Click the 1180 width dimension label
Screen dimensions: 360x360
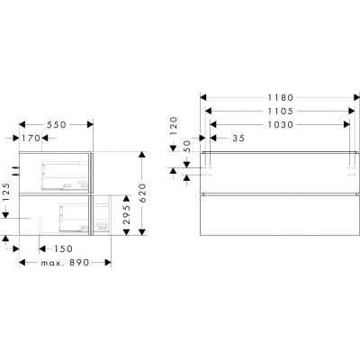tap(280, 97)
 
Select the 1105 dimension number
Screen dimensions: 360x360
tap(280, 112)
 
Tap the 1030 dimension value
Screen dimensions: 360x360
tap(280, 124)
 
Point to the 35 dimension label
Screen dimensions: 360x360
tap(238, 138)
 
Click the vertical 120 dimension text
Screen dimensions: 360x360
tap(174, 126)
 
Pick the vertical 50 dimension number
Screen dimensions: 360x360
tap(187, 146)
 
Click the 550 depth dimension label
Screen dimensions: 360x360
tap(56, 124)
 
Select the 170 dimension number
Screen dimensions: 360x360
tap(31, 138)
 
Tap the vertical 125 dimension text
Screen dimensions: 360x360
tap(5, 193)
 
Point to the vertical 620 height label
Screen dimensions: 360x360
tap(142, 193)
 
